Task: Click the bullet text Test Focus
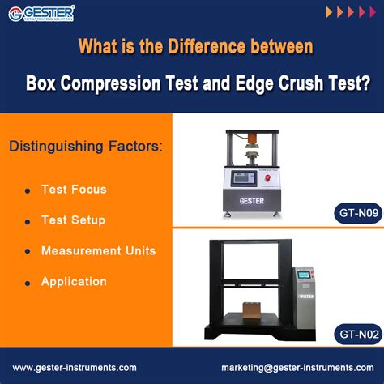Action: (74, 189)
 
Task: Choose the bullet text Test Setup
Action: (73, 220)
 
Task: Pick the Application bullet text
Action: (74, 281)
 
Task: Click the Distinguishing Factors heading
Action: (85, 147)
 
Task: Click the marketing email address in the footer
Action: (297, 367)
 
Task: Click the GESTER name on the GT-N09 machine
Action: (254, 199)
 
